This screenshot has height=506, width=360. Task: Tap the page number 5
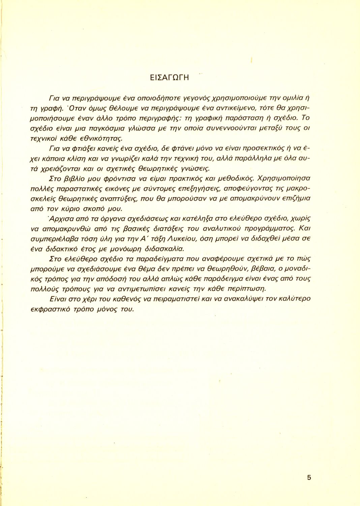pos(309,477)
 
